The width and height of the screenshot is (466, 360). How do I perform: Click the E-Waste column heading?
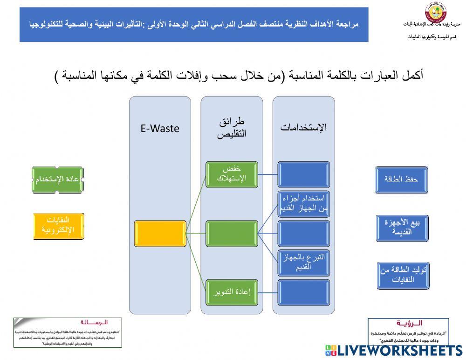tap(160, 129)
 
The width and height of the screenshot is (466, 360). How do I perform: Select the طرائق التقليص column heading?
tap(232, 127)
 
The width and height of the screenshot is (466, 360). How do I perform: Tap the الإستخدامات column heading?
tap(303, 127)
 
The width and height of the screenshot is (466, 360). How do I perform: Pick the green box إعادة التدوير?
tap(232, 292)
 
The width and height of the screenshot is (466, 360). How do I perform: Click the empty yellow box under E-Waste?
tap(160, 234)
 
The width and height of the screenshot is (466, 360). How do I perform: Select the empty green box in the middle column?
tap(232, 234)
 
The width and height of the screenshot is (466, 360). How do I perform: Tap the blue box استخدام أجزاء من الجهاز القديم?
tap(303, 204)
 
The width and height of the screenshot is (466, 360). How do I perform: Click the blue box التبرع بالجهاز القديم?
tap(303, 263)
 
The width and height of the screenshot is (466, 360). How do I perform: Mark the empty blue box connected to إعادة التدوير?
tap(303, 292)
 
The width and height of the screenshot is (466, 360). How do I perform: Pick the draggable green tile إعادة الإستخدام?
tap(58, 179)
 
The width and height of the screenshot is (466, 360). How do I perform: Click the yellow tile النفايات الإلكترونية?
tap(58, 226)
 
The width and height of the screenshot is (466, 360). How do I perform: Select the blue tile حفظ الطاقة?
tap(401, 180)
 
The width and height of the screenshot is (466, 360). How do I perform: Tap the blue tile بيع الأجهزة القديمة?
tap(401, 228)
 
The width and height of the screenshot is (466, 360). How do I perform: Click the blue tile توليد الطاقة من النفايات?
tap(401, 276)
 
